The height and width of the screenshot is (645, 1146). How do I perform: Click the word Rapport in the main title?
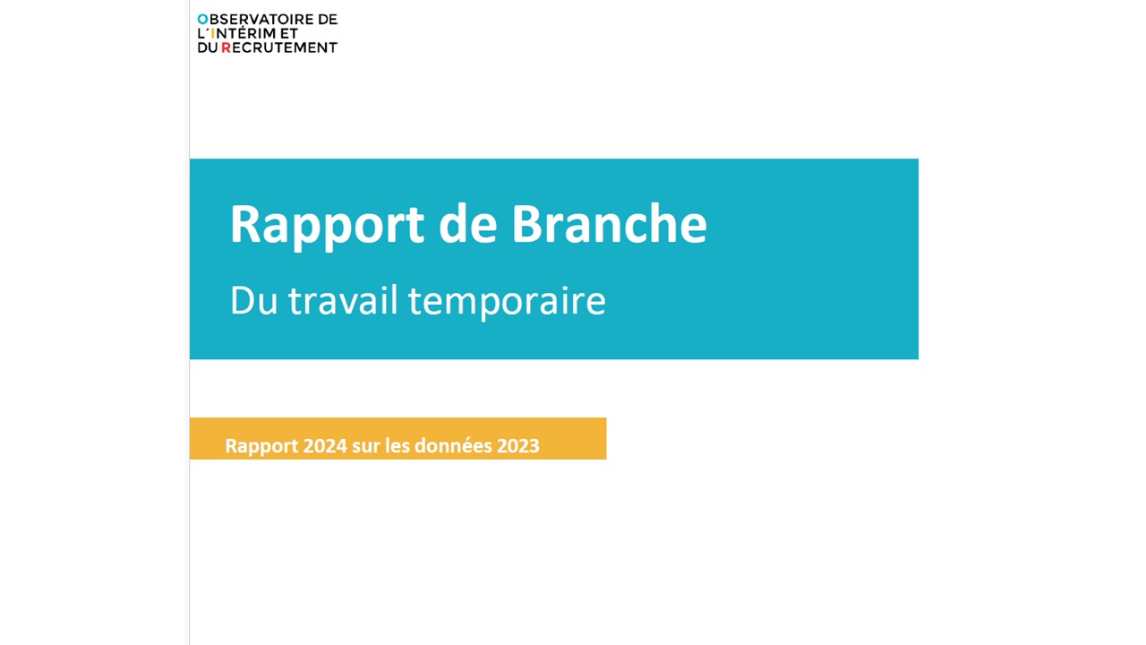point(327,225)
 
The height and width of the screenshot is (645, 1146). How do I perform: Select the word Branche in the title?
point(610,223)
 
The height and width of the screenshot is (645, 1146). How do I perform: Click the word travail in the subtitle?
point(343,300)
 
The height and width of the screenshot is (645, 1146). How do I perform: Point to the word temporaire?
point(507,303)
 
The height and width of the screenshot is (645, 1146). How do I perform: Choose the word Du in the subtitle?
point(253,301)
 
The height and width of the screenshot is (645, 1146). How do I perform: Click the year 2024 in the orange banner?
point(325,446)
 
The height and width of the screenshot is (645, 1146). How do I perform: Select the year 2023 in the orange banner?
point(517,446)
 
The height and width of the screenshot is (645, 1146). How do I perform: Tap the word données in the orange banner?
point(452,446)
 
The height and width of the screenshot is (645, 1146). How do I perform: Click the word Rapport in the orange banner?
point(261,447)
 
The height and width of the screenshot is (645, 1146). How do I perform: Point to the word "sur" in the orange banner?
point(365,447)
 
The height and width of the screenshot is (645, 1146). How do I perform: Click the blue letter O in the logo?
point(203,20)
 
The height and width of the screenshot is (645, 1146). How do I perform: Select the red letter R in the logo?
point(226,47)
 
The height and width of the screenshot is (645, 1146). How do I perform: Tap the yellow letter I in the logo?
point(213,34)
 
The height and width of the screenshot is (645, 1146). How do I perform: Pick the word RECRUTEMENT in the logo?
point(279,47)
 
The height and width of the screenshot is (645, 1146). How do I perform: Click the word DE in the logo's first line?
point(328,20)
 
